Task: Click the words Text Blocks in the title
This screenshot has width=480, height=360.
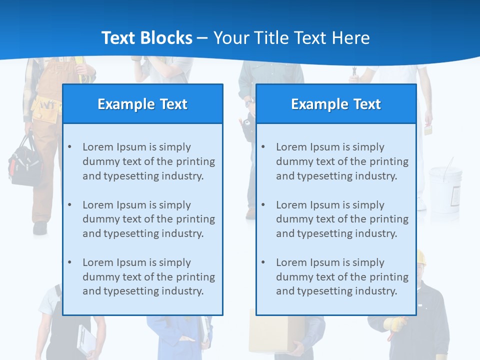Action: pyautogui.click(x=146, y=38)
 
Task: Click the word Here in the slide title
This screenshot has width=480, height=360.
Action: pyautogui.click(x=351, y=38)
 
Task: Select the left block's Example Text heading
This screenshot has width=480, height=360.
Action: pyautogui.click(x=142, y=104)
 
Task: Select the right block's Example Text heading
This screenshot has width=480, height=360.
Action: pyautogui.click(x=336, y=104)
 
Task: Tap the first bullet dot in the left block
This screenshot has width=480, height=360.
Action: pyautogui.click(x=69, y=147)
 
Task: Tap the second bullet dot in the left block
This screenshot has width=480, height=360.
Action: pyautogui.click(x=69, y=205)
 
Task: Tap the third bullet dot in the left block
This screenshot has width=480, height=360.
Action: pyautogui.click(x=69, y=262)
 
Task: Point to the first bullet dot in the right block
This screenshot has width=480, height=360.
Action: pyautogui.click(x=263, y=147)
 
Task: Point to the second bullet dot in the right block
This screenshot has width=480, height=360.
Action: pyautogui.click(x=263, y=205)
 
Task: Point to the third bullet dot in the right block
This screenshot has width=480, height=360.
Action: pyautogui.click(x=263, y=262)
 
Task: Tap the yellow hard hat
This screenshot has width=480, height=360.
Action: pyautogui.click(x=421, y=258)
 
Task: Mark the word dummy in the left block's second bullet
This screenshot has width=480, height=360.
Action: pyautogui.click(x=97, y=219)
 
